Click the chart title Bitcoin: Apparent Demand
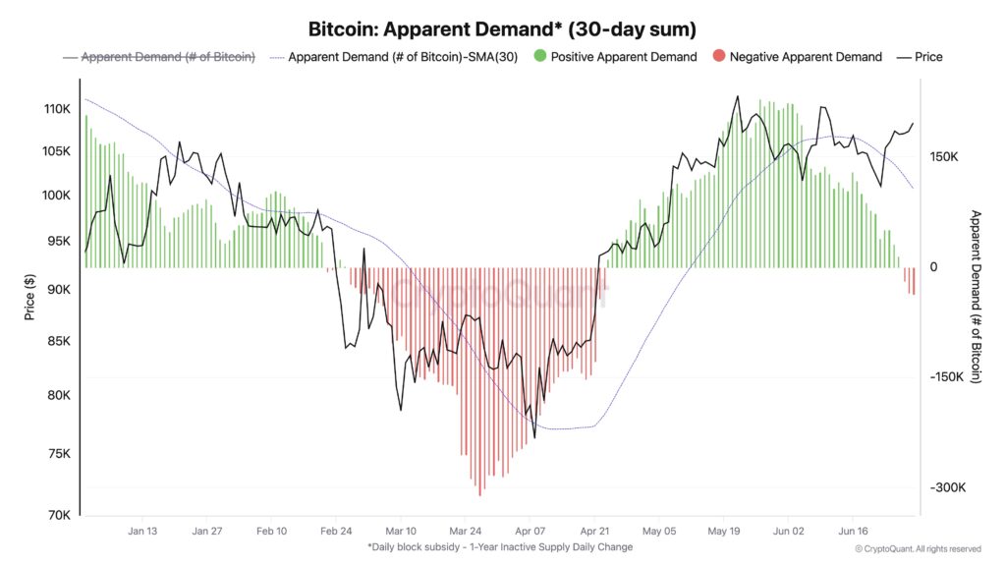(502, 28)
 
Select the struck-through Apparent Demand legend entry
(167, 57)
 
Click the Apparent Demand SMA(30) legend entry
(403, 57)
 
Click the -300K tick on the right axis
(948, 488)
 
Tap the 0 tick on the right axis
(934, 267)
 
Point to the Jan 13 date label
(142, 531)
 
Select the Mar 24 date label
(466, 531)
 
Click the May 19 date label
(723, 531)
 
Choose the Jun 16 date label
(852, 531)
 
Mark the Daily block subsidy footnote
(500, 547)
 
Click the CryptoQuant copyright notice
(918, 548)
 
